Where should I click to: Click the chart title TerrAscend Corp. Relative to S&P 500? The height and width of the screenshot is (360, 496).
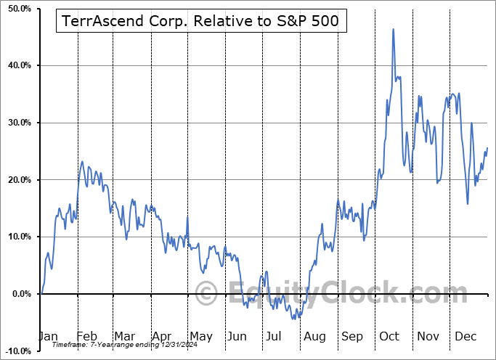click(x=200, y=22)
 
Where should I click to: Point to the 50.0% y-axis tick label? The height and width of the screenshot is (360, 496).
click(x=17, y=9)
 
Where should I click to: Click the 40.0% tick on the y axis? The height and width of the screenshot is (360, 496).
click(x=17, y=66)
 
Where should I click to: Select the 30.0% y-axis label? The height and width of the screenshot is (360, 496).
click(x=17, y=123)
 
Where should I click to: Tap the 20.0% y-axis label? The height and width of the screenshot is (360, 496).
click(x=17, y=180)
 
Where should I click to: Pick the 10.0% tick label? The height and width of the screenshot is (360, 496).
click(x=17, y=237)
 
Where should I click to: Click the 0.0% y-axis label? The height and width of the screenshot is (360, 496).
click(x=18, y=294)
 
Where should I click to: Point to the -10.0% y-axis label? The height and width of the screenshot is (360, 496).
click(x=16, y=351)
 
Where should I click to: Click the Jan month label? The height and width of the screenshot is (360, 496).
click(x=48, y=337)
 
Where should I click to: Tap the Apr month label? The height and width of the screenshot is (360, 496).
click(x=161, y=337)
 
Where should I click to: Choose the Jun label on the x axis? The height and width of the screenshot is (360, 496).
click(x=237, y=337)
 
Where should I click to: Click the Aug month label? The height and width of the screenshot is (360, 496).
click(x=314, y=337)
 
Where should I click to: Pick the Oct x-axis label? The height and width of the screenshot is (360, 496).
click(x=390, y=337)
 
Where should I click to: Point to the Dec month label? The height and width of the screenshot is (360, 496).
click(x=465, y=337)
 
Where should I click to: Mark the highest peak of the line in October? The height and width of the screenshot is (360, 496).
click(x=393, y=29)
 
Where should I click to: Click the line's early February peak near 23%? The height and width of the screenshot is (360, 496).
click(x=82, y=161)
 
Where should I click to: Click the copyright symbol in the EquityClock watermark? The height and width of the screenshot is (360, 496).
click(x=206, y=293)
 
